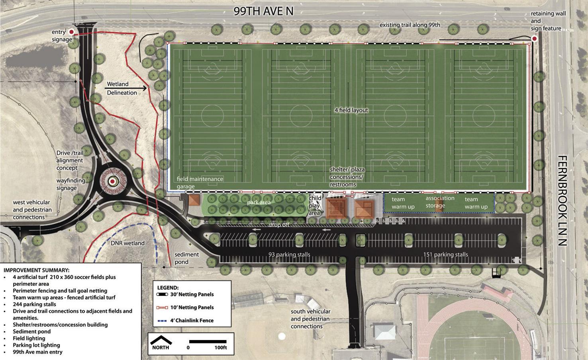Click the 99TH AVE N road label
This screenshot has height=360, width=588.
coord(263,11)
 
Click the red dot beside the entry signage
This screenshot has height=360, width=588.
coord(72,31)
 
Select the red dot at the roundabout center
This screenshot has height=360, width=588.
coord(113,182)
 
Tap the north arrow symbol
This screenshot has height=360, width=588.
coord(161,340)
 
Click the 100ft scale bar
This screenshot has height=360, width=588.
coord(208,341)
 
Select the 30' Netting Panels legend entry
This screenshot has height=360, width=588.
coord(186,295)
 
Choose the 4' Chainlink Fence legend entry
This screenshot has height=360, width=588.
coord(186,321)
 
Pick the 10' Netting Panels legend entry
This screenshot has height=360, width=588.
coord(186,307)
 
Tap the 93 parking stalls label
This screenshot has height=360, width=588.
coord(289,254)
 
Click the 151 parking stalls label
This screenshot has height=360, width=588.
coord(445,254)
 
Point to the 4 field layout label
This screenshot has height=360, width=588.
coord(351,110)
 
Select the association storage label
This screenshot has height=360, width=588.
coord(440,202)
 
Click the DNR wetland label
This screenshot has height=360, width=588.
coord(128,243)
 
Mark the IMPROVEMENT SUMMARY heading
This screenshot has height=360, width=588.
coord(36,270)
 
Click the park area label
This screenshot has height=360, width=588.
coord(259,202)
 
